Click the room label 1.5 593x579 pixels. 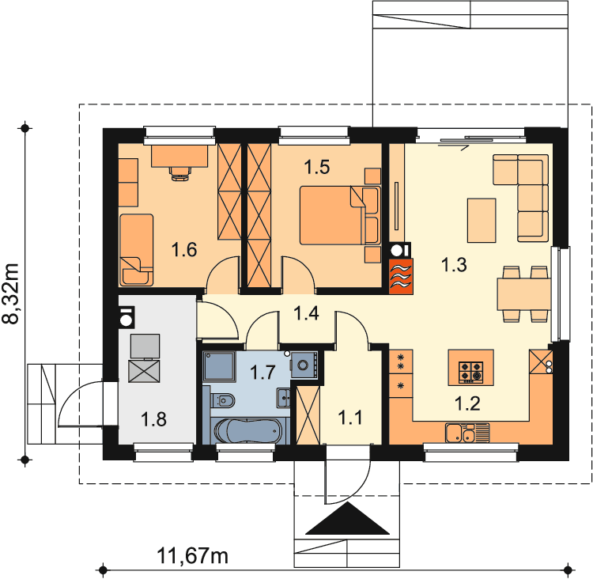coord(317,167)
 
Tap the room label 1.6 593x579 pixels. coord(184,250)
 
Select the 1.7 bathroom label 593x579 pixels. coord(263,373)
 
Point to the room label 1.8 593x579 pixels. coord(153,420)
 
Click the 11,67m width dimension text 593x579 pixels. coord(192,556)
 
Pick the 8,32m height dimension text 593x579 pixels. coord(10,293)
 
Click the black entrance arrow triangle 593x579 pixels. coord(347,518)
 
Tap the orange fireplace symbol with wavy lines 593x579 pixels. coord(401,276)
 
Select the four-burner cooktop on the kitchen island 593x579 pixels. coord(471,373)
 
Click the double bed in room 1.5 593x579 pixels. coord(339,215)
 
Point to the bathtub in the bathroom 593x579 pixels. coord(248,430)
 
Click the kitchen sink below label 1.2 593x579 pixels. coord(467,433)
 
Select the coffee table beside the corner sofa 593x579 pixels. coord(482,220)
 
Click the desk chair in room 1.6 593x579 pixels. coord(180,173)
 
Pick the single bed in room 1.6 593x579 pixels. coord(137,250)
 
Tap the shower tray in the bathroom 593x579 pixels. coord(219,366)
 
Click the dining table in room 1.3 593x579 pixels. coord(523,294)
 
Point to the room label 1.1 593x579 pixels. coord(349,418)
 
